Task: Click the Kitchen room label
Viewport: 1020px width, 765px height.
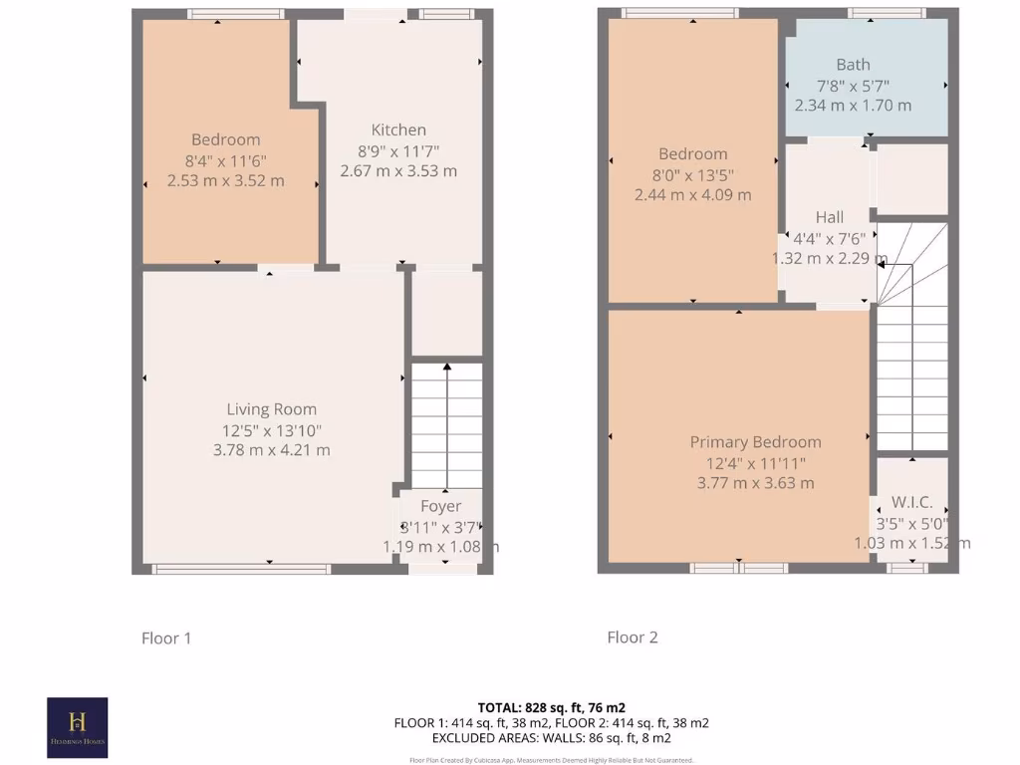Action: [x=398, y=129]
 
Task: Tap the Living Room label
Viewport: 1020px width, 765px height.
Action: [x=271, y=408]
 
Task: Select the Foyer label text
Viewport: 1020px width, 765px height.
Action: [x=440, y=506]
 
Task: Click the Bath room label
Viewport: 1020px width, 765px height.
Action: [x=853, y=64]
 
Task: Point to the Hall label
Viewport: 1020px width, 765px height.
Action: [x=829, y=217]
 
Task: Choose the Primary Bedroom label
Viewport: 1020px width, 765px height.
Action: [x=755, y=442]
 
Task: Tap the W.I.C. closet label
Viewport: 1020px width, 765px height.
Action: [x=911, y=503]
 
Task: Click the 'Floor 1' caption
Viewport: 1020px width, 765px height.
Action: [x=165, y=637]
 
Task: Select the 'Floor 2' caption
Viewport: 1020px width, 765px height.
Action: [x=633, y=637]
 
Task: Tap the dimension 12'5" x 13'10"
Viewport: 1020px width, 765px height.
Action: [x=272, y=429]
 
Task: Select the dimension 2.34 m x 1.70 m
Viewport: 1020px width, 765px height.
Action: [x=853, y=105]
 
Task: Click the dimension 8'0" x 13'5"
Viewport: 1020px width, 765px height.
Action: [x=692, y=174]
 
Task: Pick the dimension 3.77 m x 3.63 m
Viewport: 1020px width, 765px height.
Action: [x=755, y=483]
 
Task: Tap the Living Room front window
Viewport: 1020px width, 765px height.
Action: [x=241, y=569]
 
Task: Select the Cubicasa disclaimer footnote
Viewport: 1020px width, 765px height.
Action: [x=551, y=760]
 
